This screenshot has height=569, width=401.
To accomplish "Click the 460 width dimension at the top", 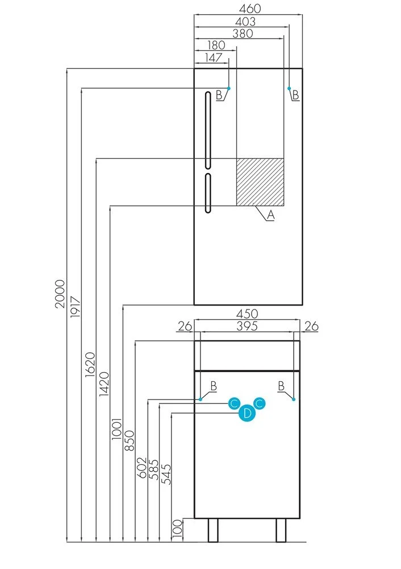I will point(247,9).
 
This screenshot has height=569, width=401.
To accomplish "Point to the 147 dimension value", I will point(210,57).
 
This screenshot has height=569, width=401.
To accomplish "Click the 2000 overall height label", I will point(60,294).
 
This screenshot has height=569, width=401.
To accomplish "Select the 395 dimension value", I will point(247,326).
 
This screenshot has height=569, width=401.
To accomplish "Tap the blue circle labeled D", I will point(247,414).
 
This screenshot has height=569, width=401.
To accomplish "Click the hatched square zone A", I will point(260,182).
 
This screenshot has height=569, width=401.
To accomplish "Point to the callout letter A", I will point(271,215).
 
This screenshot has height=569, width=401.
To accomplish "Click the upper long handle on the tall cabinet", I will point(207,130).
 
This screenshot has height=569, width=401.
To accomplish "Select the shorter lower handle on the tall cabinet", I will point(207,193).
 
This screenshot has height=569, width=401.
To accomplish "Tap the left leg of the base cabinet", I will point(213,530).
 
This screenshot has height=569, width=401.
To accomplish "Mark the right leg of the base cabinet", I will point(281,530).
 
